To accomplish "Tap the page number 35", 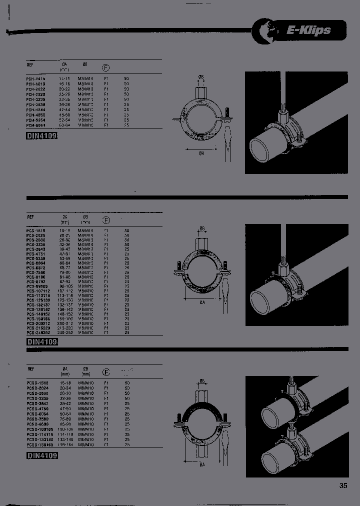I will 343,485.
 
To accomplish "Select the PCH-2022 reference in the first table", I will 35,89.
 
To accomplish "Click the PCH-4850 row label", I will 35,115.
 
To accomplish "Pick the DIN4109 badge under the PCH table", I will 42,136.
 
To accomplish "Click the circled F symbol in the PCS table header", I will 106,220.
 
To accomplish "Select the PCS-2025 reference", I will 35,235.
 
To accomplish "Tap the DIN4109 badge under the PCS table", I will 42,342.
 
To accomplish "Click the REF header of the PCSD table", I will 31,368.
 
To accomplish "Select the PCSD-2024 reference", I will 36,387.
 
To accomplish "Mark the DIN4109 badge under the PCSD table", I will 42,455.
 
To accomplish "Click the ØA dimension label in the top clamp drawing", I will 201,154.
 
